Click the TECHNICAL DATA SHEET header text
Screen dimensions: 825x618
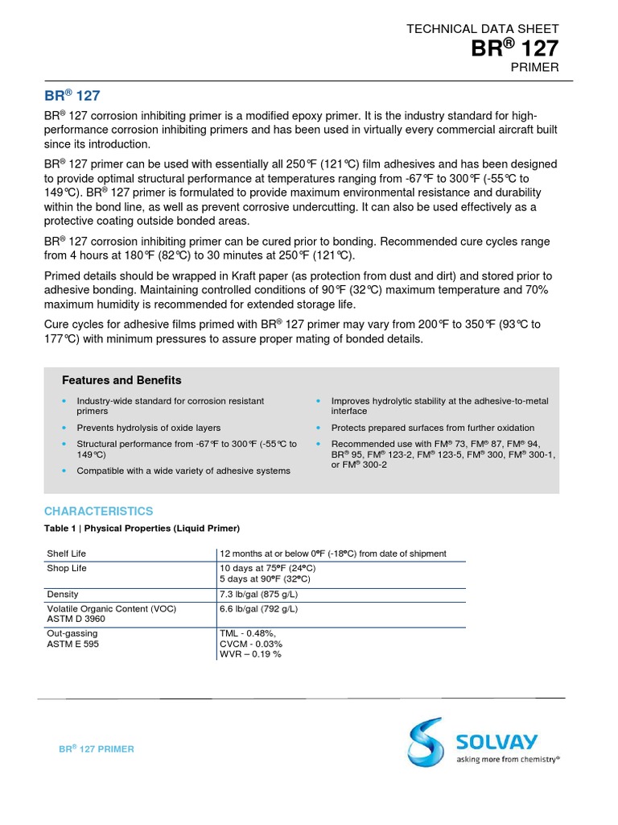482,28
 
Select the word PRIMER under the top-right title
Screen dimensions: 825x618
534,68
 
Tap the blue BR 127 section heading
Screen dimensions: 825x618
72,96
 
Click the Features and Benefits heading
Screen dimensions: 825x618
122,380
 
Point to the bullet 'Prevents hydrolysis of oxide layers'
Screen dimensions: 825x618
148,428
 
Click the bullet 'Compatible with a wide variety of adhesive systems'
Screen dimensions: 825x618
183,471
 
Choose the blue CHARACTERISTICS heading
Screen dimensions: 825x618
98,511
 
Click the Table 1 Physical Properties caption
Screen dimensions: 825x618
142,529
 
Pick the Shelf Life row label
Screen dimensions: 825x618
67,553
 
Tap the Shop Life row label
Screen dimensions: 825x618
66,568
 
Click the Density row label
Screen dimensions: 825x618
63,594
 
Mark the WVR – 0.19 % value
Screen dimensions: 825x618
250,654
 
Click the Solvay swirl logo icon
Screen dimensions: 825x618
424,740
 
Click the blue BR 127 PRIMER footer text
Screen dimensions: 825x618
97,748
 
